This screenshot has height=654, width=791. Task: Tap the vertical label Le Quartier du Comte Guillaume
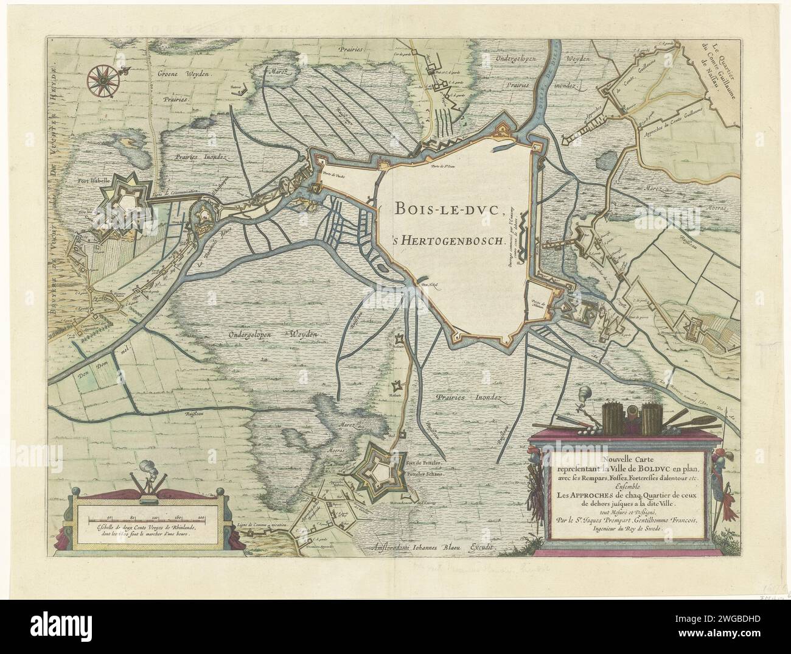[713, 64]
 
